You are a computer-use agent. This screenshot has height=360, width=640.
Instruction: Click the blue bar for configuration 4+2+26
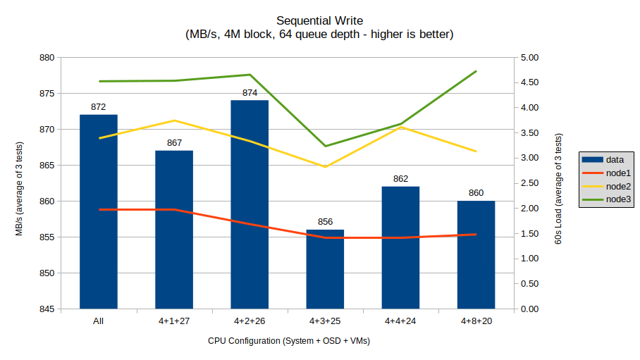coord(250,204)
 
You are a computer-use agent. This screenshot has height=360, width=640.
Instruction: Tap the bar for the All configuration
coord(99,211)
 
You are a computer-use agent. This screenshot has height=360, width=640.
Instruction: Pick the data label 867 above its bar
coord(174,143)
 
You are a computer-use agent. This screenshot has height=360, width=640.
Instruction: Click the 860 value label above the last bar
coord(476,193)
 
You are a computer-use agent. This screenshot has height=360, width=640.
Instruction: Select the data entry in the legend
coord(614,160)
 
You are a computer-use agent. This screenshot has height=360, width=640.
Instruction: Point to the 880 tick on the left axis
coord(49,58)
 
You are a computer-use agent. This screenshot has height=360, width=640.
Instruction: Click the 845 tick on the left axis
coord(49,309)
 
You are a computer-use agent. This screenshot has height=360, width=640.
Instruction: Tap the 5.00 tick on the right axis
coord(529,58)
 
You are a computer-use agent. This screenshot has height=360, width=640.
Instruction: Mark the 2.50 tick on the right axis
coord(529,183)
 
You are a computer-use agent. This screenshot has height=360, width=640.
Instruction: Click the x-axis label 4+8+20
coord(476,321)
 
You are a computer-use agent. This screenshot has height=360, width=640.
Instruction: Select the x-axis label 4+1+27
coord(174,321)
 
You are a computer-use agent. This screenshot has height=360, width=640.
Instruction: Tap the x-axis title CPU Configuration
coord(289,341)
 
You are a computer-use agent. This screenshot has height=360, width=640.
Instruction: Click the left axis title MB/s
coord(20,183)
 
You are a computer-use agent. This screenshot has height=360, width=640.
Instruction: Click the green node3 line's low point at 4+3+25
coord(325,146)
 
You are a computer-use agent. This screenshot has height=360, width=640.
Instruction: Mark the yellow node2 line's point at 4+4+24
coord(400,128)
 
